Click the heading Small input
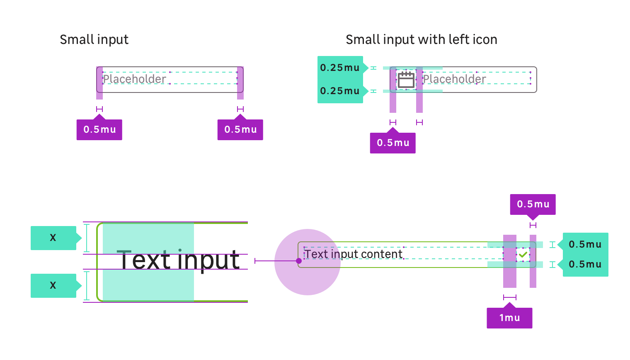point(94,39)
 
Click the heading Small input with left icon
point(421,39)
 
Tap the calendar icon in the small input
point(406,80)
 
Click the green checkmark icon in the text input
point(523,255)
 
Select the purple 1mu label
point(509,318)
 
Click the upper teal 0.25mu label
point(340,68)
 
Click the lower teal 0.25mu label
point(340,91)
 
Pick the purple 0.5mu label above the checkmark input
point(533,204)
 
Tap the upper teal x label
point(53,238)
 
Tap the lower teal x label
point(53,285)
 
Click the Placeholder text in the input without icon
point(135,79)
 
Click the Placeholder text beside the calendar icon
point(454,79)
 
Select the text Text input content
point(354,254)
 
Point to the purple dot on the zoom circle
point(299,261)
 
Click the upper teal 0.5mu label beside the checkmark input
point(585,244)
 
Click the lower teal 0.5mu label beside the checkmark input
point(585,264)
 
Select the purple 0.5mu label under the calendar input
point(393,143)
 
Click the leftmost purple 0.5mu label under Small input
point(99,130)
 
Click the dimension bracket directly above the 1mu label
point(510,297)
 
